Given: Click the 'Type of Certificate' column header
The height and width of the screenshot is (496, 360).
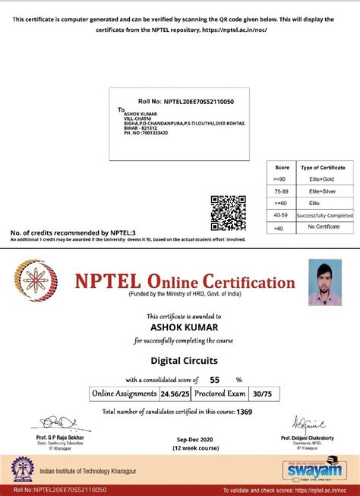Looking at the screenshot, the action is coord(322,166).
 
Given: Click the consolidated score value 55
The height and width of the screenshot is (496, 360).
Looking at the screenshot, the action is coord(214,379).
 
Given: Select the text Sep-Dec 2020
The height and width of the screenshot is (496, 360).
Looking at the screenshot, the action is coord(180,440).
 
